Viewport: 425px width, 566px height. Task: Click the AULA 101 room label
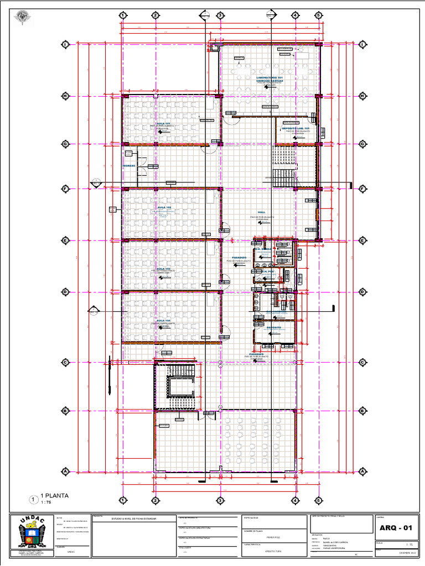[x=163, y=123]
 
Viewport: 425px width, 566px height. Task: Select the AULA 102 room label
[x=164, y=208]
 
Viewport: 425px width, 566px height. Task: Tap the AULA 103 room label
[x=164, y=268]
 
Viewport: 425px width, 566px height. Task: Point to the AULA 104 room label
[x=164, y=320]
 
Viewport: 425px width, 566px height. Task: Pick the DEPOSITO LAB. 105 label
[x=296, y=128]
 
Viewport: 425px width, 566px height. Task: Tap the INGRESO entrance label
[x=129, y=165]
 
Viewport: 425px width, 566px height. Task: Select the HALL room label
[x=262, y=212]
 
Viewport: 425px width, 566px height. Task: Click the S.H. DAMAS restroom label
[x=264, y=249]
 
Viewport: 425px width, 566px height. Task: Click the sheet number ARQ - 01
[x=396, y=528]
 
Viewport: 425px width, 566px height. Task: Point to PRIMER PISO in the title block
[x=273, y=537]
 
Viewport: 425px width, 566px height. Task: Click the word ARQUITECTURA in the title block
[x=273, y=551]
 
